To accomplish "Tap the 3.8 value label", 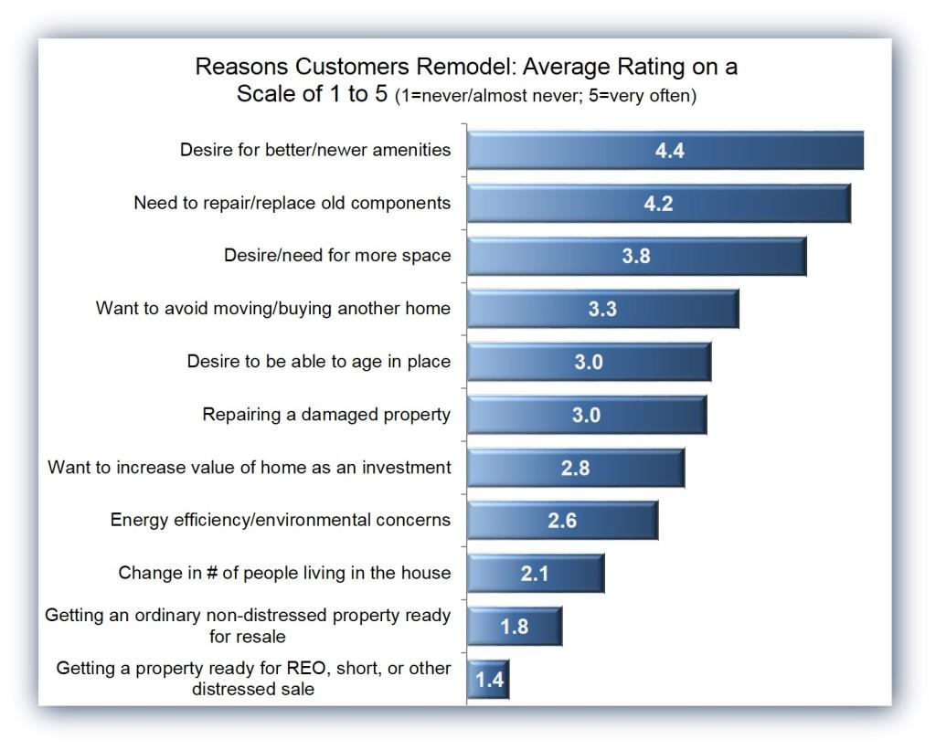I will pos(636,257).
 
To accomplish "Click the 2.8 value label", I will pos(575,469).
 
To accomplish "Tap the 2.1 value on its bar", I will pos(535,574).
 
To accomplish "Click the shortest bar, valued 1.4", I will pos(487,680).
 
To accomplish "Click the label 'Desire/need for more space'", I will pos(337,256).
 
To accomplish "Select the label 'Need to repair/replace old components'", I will pos(292,203).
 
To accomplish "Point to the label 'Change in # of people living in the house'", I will pos(284,574).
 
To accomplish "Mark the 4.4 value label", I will pos(670,151).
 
